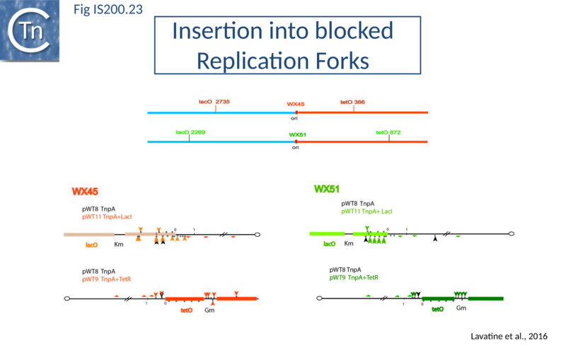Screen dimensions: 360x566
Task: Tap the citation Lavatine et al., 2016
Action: tap(509, 335)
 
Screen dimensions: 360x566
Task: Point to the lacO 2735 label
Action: tap(214, 102)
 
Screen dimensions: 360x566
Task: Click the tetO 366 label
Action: tap(352, 102)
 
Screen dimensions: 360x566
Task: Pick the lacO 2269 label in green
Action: tap(190, 132)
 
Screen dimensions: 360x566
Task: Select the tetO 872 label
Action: tap(388, 132)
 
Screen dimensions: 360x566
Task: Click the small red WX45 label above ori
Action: tap(296, 104)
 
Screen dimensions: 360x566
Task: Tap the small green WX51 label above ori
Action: tap(296, 134)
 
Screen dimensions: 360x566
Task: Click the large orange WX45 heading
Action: tap(85, 191)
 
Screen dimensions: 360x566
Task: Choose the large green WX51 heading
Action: tap(328, 189)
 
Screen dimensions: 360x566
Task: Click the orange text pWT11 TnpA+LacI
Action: tap(108, 217)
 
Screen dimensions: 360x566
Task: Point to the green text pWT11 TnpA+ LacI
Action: tap(366, 211)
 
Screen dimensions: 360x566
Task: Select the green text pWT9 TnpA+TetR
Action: tap(354, 278)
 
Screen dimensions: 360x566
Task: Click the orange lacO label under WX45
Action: tap(91, 245)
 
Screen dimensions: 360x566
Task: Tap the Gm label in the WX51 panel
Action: tap(461, 308)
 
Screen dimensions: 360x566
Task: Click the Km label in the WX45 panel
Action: tap(119, 245)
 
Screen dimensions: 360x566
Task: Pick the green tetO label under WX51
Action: tap(438, 309)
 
